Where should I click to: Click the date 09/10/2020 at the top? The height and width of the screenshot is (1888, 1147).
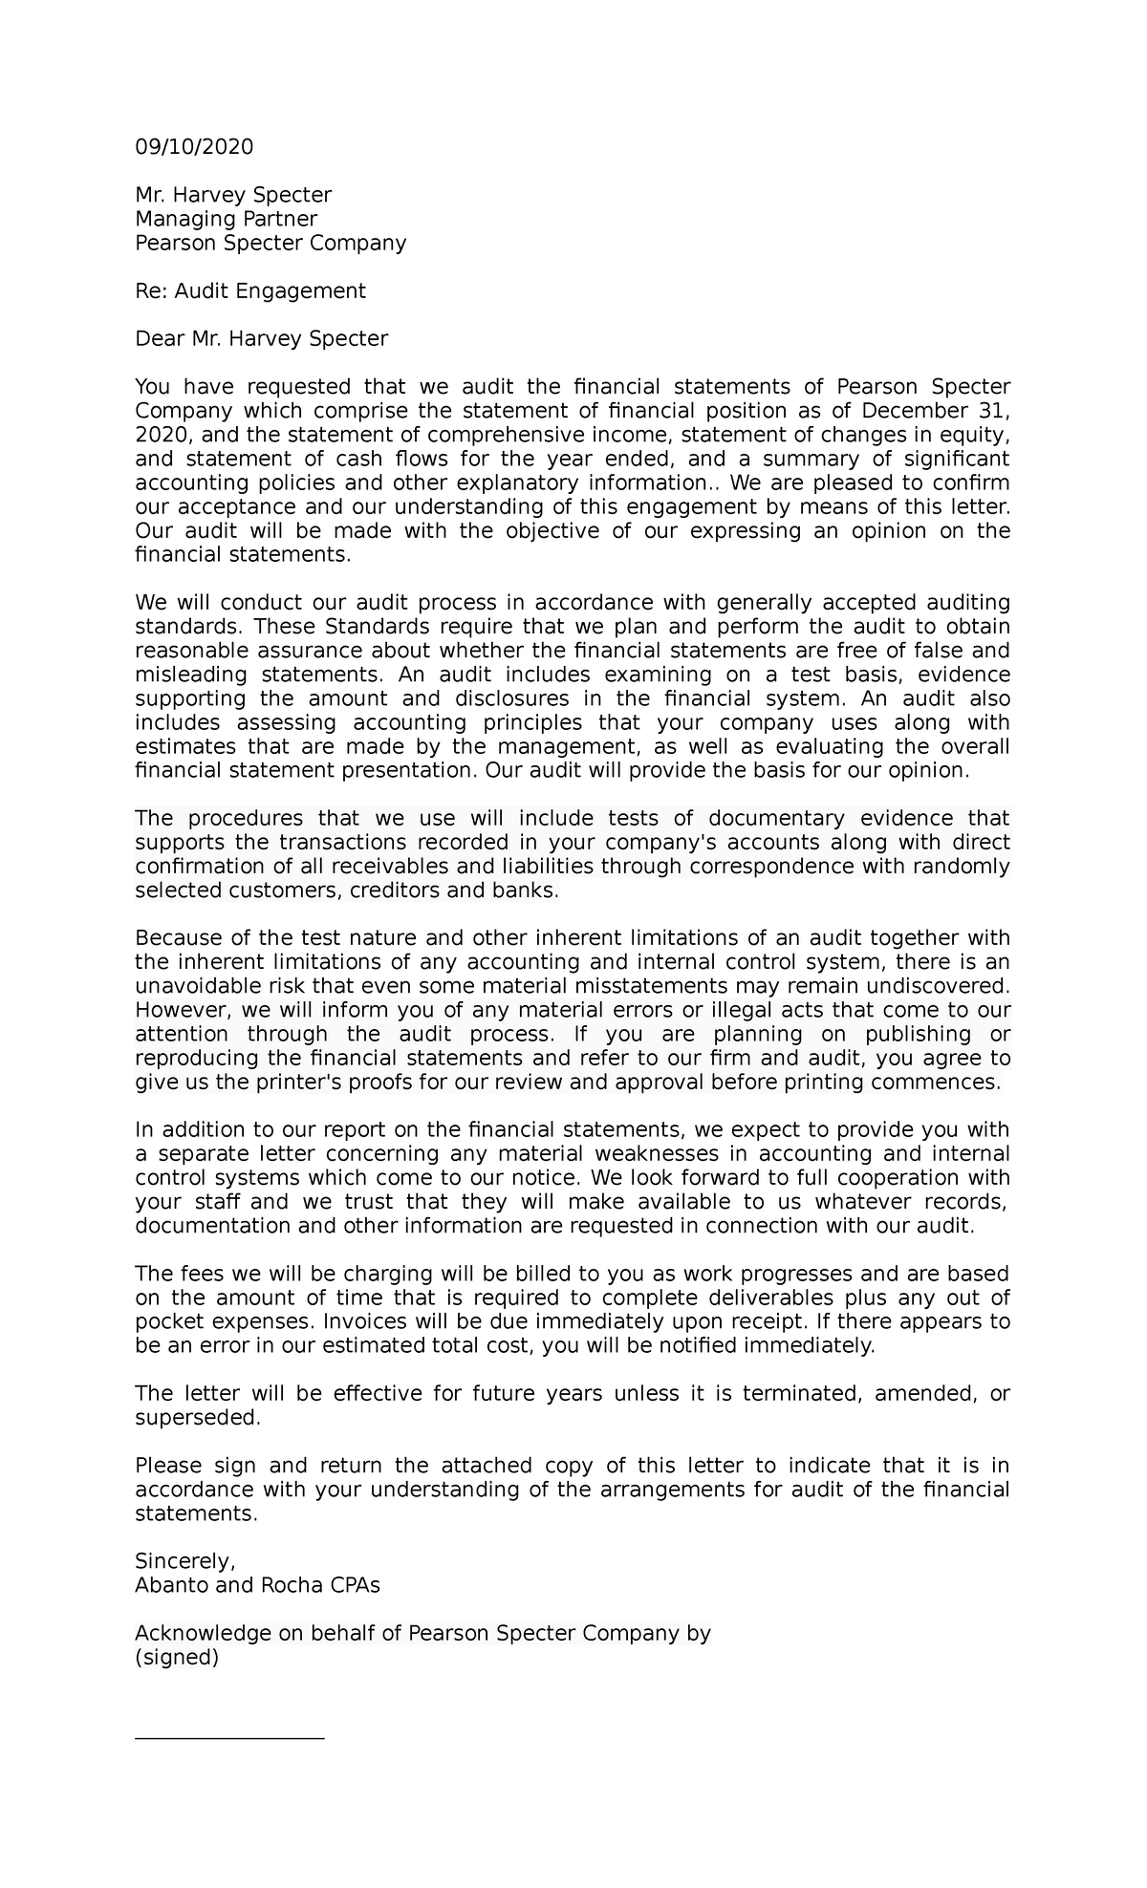coord(194,147)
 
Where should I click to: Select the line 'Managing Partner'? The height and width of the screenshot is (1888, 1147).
coord(226,219)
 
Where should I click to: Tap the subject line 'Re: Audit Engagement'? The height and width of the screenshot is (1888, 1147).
coord(249,290)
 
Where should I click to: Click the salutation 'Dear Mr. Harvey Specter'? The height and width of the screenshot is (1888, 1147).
coord(261,338)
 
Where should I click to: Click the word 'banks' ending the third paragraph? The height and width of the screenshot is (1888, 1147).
coord(528,890)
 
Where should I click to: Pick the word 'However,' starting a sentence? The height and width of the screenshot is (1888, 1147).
coord(175,1010)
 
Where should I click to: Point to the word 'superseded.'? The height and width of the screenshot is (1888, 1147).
coord(197,1418)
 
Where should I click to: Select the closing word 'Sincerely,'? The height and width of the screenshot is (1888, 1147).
coord(184,1561)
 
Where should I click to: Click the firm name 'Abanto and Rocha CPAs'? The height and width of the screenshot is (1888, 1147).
coord(257,1585)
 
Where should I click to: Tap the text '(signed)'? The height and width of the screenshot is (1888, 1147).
coord(177,1658)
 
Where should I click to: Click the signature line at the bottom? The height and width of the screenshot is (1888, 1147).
coord(229,1739)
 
